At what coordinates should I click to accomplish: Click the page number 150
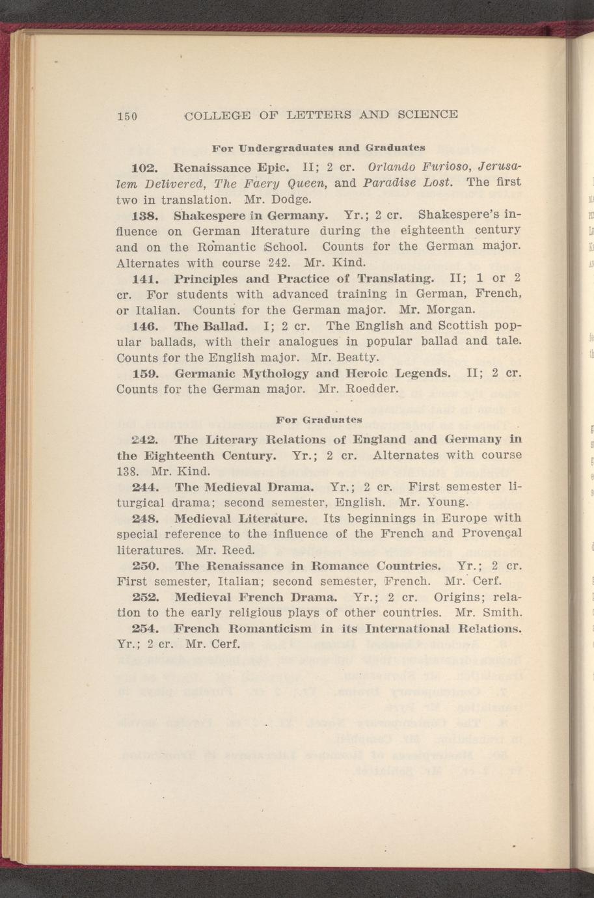coord(126,116)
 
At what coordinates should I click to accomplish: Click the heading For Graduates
coord(319,419)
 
